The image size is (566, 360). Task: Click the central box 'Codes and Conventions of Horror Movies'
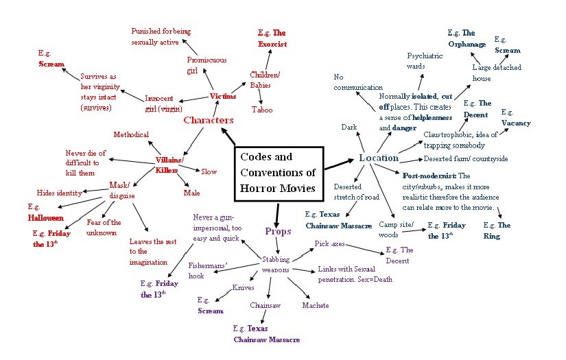[278, 173]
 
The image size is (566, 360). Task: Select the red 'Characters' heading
[209, 121]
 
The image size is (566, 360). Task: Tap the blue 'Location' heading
[378, 158]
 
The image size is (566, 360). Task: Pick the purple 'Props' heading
[278, 231]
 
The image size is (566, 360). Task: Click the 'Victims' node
[222, 97]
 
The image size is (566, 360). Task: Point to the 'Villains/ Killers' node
[169, 165]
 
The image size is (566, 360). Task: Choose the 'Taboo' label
[262, 110]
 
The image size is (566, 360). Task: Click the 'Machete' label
[316, 305]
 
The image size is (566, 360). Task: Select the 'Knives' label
[244, 287]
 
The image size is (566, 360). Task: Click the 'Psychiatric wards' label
[425, 60]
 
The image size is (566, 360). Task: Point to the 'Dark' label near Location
[349, 128]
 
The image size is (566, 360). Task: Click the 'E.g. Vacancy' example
[515, 117]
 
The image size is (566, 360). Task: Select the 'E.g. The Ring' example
[497, 230]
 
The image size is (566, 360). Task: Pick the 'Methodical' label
[131, 134]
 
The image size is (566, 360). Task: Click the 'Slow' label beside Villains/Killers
[209, 171]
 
